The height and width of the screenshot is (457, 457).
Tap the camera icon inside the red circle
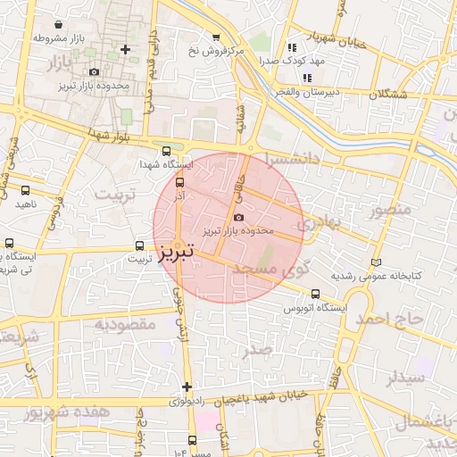click(238, 217)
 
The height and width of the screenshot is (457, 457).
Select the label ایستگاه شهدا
click(162, 165)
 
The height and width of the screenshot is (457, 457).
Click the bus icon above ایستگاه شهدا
click(166, 151)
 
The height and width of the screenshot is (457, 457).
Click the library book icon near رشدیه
click(376, 262)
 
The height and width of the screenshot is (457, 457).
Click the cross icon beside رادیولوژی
click(187, 386)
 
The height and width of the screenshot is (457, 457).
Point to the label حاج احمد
click(386, 319)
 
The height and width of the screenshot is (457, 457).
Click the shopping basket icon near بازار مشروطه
click(59, 25)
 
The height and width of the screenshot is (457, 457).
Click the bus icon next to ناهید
click(24, 190)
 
